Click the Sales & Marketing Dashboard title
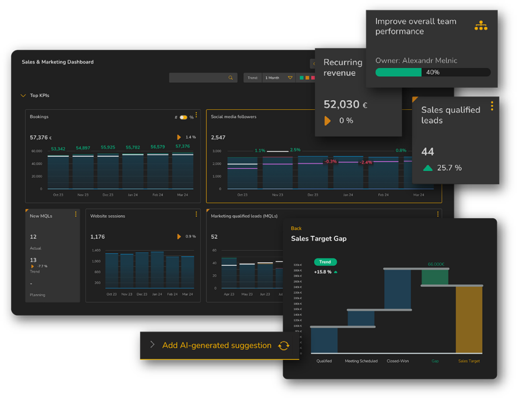[58, 62]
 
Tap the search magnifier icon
[231, 78]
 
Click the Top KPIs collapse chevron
[23, 95]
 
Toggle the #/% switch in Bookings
[183, 117]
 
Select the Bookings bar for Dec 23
[108, 172]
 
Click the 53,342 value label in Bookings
[58, 148]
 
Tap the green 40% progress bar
[398, 72]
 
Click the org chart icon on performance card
[481, 26]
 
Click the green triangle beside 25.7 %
[428, 168]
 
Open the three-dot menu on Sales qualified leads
[492, 106]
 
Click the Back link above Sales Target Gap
[296, 228]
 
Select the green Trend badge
[325, 262]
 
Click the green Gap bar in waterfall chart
[435, 277]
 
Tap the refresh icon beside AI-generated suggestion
[284, 345]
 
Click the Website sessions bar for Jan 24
[157, 270]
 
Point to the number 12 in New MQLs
[33, 236]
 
